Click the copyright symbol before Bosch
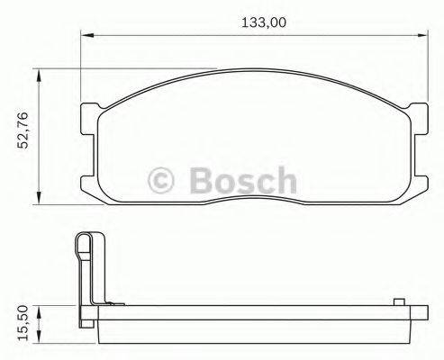click(161, 181)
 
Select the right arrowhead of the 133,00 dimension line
click(422, 36)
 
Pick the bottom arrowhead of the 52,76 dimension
click(39, 199)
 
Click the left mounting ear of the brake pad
click(89, 121)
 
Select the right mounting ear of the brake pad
click(419, 121)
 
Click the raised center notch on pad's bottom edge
click(255, 201)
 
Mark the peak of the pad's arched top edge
click(255, 76)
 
